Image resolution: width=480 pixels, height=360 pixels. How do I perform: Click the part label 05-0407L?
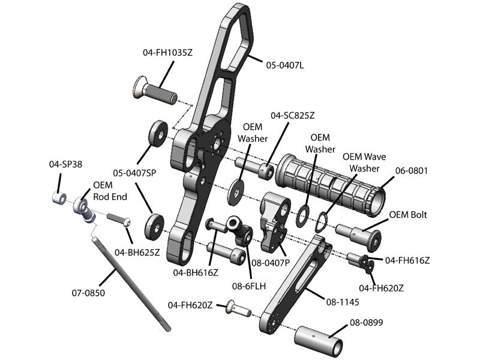tap(285, 65)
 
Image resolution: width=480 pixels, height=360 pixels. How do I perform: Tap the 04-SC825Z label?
tap(292, 115)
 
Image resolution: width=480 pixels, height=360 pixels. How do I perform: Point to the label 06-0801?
tap(411, 171)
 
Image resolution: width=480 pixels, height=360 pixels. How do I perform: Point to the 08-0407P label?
tap(271, 262)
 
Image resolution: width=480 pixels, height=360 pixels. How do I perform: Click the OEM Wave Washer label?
tap(364, 163)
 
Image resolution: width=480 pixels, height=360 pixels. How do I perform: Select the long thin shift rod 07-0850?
tap(131, 283)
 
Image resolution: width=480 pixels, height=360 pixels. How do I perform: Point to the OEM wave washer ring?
tap(322, 220)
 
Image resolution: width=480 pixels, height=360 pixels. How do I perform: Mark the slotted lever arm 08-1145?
tap(294, 285)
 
